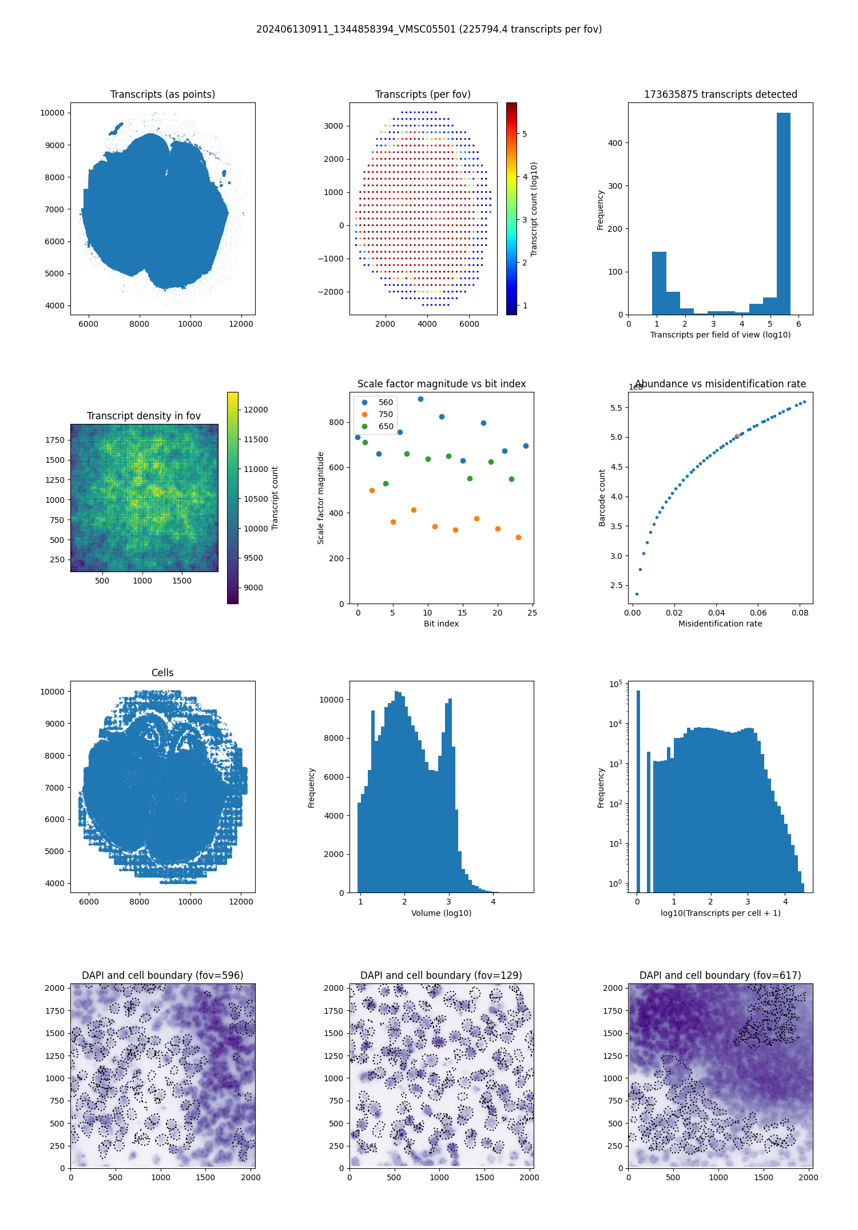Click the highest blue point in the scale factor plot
(420, 399)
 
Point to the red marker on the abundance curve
(737, 436)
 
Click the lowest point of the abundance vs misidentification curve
(637, 594)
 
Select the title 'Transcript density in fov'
(144, 416)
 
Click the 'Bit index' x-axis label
(441, 624)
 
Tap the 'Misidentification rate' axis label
(720, 624)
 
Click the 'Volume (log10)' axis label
(441, 913)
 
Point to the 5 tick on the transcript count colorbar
(525, 134)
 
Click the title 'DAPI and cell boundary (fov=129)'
(441, 975)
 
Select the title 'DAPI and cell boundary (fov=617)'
(720, 975)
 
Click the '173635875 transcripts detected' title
(720, 94)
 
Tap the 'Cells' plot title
(162, 673)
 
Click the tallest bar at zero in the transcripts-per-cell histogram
(638, 789)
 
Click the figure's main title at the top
(429, 29)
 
